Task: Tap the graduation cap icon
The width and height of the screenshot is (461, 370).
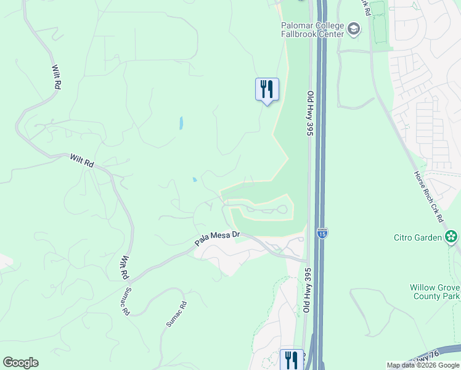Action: pos(354,28)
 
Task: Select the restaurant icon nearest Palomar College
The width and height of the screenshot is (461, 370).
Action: pos(267,89)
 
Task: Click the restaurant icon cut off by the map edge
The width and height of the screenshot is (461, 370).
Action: pos(291,360)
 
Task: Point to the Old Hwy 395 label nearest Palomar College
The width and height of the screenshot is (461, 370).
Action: pos(310,113)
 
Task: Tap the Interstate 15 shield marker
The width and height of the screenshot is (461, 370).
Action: pos(323,232)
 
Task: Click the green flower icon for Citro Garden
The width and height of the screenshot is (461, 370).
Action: pos(451,237)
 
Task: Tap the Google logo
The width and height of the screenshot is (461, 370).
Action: pos(20,363)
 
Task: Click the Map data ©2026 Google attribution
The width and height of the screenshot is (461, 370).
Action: pos(423,365)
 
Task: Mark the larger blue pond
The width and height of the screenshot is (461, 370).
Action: pos(181,123)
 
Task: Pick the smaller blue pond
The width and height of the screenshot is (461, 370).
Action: pos(194,180)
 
